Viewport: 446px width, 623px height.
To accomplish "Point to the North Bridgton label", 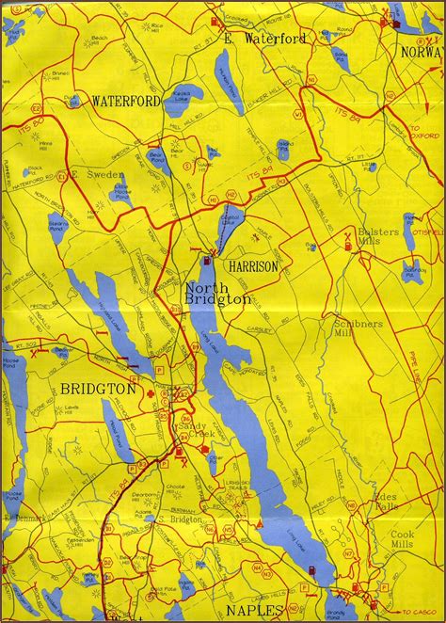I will click(217, 294).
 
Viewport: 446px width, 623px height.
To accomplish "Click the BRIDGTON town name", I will click(99, 388).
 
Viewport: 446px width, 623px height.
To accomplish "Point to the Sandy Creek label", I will click(195, 431).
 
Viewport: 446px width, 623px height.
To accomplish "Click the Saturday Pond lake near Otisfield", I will click(412, 270).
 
